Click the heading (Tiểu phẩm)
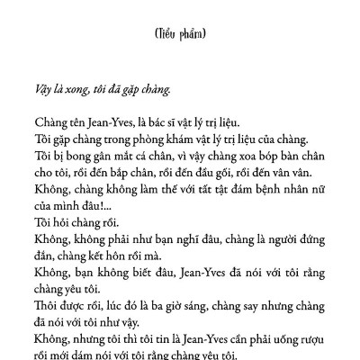tap(181, 34)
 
